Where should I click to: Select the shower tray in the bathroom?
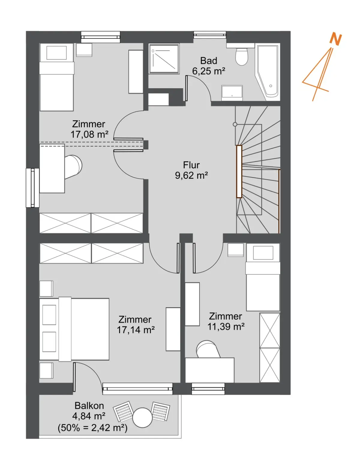164,59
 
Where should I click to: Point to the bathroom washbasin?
232,93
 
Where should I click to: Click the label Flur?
191,165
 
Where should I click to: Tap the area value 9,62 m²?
191,176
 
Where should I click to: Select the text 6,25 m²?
208,71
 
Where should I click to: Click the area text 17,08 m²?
89,134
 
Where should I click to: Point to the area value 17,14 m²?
135,330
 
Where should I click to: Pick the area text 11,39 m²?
226,326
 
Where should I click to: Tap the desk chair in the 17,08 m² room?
73,167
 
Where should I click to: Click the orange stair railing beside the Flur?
239,171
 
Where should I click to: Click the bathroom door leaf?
186,88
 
